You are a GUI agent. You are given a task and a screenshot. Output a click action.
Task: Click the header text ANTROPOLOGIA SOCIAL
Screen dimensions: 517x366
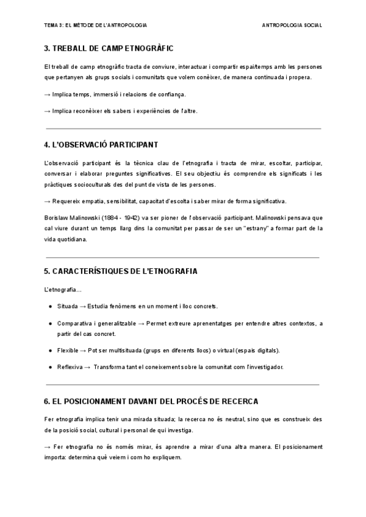tap(292, 25)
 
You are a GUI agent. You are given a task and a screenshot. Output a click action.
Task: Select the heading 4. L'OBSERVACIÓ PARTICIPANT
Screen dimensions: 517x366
tap(101, 144)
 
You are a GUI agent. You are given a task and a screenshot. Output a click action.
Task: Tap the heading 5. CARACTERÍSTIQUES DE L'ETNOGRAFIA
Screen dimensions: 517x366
tap(121, 271)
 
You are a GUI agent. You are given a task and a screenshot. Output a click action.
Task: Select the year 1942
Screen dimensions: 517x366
tap(140, 217)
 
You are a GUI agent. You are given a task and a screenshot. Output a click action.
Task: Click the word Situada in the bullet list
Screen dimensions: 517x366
tap(67, 306)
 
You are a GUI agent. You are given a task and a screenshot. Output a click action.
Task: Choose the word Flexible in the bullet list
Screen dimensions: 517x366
tap(68, 351)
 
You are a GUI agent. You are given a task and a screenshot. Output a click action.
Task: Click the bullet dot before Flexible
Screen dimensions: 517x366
tap(51, 351)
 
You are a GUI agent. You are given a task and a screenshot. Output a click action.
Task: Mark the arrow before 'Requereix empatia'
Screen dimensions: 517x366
tap(48, 201)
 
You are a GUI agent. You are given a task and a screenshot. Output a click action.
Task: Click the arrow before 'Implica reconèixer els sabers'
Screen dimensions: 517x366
tap(48, 111)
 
